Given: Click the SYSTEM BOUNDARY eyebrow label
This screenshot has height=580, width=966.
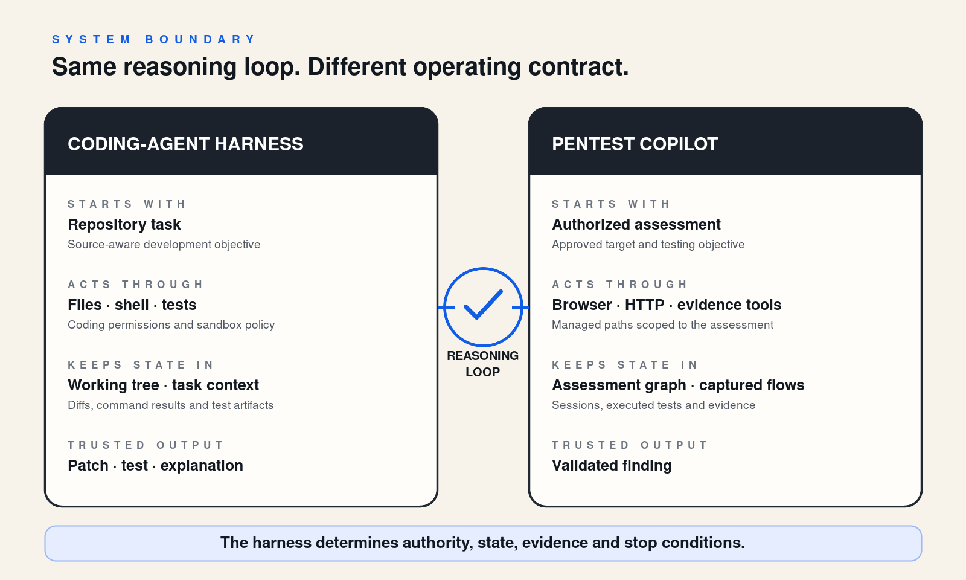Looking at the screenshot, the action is [x=153, y=40].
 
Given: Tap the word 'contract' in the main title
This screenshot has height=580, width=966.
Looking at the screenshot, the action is [x=578, y=67].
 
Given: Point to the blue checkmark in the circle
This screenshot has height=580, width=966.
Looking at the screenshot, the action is [x=482, y=304].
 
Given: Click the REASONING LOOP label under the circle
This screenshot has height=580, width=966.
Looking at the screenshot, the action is [x=482, y=364].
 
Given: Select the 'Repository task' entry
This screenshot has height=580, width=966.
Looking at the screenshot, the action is [x=124, y=224].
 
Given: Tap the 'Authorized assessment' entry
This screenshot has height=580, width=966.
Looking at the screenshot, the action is [x=636, y=224].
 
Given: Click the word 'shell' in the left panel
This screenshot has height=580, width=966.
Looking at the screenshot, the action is [x=132, y=304].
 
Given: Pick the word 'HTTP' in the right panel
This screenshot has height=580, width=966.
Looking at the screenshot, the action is [x=644, y=304].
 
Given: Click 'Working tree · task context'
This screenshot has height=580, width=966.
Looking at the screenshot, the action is [x=163, y=385].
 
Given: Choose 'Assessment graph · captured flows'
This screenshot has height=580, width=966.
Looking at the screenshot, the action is [x=678, y=385].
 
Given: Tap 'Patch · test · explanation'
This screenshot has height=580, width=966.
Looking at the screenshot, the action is [x=155, y=465].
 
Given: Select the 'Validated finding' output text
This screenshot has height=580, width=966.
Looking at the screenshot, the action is [x=612, y=465].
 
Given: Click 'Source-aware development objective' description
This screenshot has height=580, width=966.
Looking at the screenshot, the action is [x=164, y=244].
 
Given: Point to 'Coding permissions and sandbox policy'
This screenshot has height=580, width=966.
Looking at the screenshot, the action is [x=171, y=324].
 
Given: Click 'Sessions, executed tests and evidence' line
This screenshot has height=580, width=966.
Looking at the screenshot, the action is [x=653, y=405].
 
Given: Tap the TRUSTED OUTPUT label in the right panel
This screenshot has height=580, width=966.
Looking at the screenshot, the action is [x=629, y=445].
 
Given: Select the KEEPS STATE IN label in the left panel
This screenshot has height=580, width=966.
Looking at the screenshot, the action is [x=140, y=365].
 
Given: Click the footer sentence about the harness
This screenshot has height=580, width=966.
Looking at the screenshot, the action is [x=482, y=543].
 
